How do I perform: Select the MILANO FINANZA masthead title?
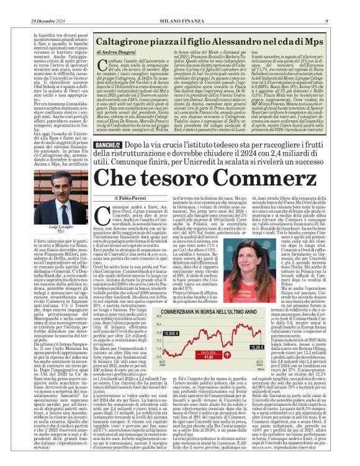pyautogui.click(x=180, y=6)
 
